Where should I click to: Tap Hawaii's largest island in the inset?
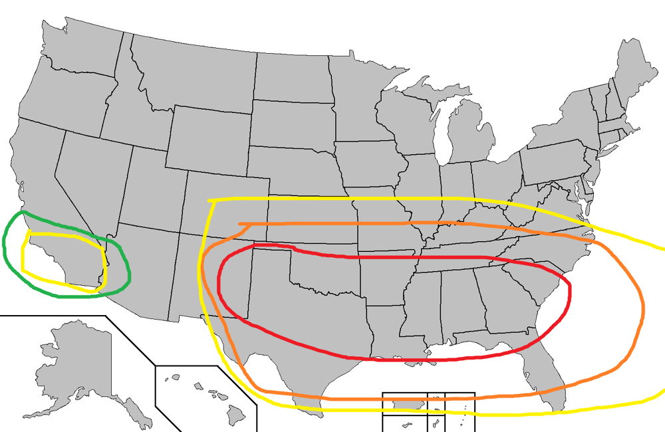[x=237, y=415]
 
